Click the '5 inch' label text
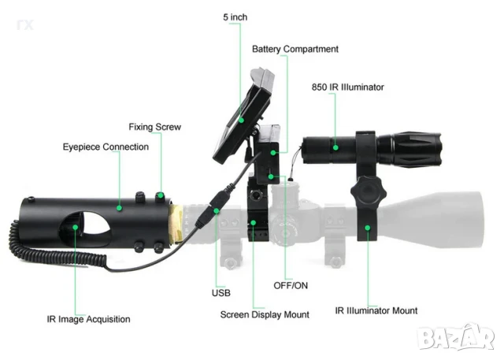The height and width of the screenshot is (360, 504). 235,17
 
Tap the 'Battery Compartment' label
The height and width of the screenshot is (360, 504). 295,49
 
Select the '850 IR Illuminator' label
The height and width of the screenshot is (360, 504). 348,87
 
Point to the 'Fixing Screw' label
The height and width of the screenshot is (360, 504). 155,127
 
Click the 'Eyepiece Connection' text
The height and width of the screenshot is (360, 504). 106,147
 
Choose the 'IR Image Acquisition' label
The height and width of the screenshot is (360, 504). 88,319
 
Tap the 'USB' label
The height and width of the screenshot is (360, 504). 221,293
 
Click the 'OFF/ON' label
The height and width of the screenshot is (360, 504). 291,285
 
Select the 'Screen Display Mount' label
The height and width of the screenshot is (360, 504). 265,314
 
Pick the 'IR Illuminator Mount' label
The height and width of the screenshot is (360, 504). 376,310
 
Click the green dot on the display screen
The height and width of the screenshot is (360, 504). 242,121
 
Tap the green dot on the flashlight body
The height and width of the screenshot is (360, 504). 335,147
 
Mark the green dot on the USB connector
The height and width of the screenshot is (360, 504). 217,211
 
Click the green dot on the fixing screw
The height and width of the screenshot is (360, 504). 161,195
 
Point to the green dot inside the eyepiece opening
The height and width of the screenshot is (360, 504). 76,227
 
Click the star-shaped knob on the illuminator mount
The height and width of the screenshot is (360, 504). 369,191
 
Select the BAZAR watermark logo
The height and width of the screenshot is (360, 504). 457,337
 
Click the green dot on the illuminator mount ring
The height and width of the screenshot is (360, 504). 368,228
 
